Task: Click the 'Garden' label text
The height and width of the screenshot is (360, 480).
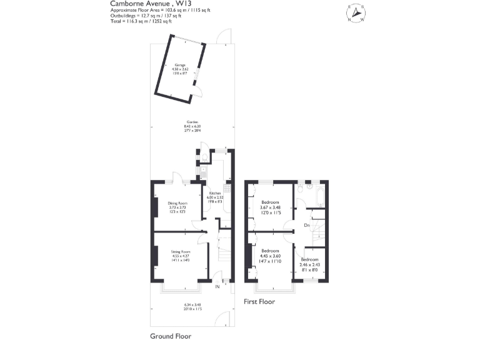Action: pos(192,122)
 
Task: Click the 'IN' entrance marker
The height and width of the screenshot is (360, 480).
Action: pos(217,287)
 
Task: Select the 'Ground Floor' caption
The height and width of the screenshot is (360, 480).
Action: pos(170,336)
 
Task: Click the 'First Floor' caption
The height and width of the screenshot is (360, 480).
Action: pos(259,301)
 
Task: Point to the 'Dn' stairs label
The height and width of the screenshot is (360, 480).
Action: pos(306,224)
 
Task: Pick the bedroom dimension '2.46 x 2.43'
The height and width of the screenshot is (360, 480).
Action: pos(309,264)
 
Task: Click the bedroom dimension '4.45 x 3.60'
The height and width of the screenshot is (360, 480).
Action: pos(270,255)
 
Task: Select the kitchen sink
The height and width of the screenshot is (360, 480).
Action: pos(204,170)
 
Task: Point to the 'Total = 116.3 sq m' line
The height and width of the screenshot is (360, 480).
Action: pos(146,21)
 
